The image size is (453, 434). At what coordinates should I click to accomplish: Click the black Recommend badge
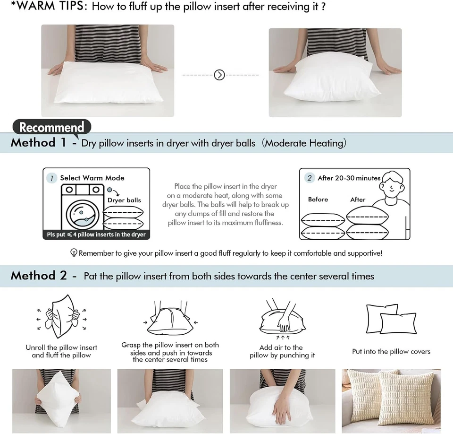point(51,127)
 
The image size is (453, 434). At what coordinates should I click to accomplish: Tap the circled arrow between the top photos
point(219,75)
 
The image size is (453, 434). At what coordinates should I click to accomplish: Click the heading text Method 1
point(39,143)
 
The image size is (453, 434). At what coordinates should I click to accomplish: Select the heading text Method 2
point(39,276)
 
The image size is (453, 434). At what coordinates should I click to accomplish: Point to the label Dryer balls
point(124,200)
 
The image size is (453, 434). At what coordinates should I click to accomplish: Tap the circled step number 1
point(52,178)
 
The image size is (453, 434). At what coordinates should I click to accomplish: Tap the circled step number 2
point(309,178)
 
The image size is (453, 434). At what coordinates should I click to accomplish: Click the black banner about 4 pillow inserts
point(96,234)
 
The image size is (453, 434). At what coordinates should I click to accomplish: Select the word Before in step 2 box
point(318,200)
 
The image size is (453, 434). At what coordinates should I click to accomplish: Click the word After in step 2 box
point(358,200)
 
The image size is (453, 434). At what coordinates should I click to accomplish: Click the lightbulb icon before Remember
point(74,253)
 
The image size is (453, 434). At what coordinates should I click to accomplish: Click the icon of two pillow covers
point(391,319)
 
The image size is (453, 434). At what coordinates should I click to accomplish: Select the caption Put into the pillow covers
point(391,351)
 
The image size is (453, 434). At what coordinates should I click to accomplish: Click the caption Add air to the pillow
point(282,351)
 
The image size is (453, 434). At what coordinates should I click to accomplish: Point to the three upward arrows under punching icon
point(281,338)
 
